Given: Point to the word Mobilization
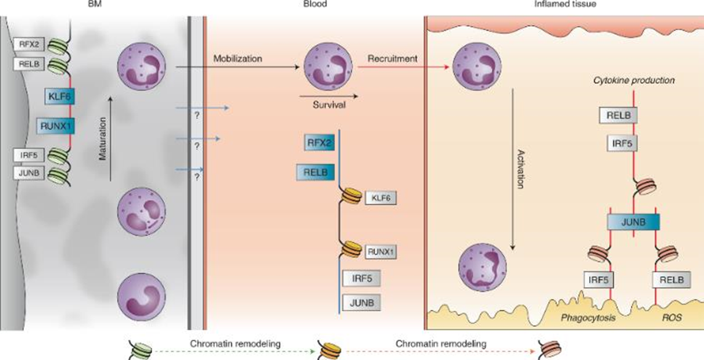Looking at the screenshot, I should (237, 59).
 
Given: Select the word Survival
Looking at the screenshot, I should (329, 106).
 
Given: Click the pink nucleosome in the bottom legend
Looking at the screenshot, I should (548, 350).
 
